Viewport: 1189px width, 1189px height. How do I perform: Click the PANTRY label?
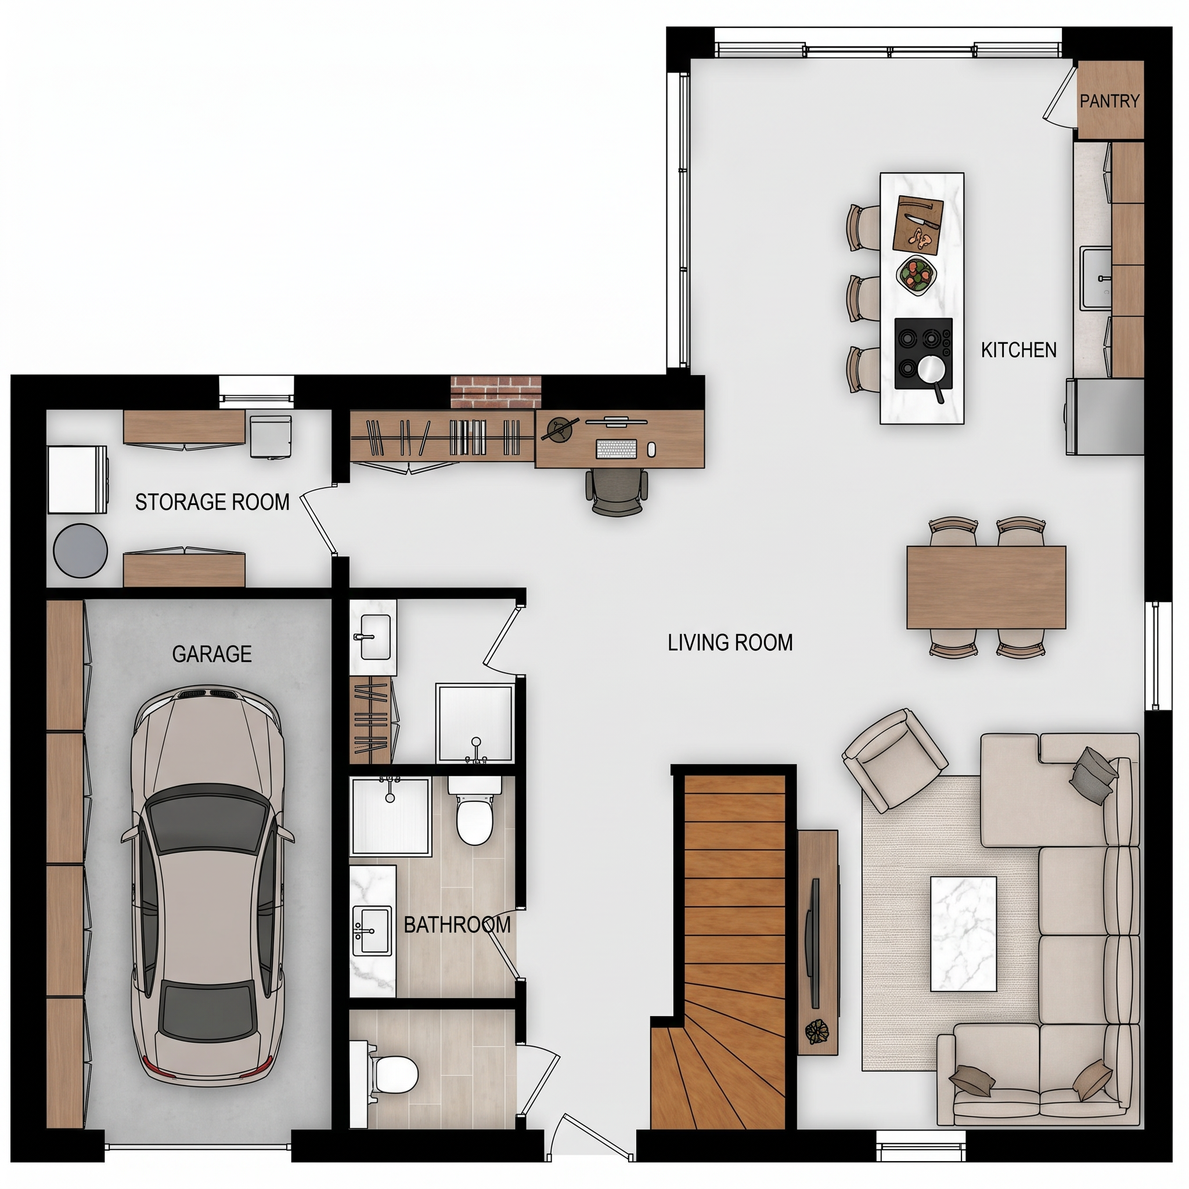click(1109, 101)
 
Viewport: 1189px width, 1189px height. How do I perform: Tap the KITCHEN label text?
click(1018, 350)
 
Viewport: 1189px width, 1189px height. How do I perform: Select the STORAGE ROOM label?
click(212, 502)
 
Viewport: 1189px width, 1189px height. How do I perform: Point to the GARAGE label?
click(212, 654)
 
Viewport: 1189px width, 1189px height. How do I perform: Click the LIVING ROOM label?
click(730, 643)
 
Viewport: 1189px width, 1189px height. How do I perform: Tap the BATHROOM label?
click(457, 924)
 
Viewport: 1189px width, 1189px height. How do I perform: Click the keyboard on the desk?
click(615, 449)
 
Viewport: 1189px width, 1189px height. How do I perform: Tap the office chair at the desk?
click(618, 491)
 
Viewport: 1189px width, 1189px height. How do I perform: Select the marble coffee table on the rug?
click(963, 934)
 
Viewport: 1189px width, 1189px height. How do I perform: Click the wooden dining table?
click(986, 588)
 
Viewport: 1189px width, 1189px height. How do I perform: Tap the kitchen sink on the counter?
click(1097, 278)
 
